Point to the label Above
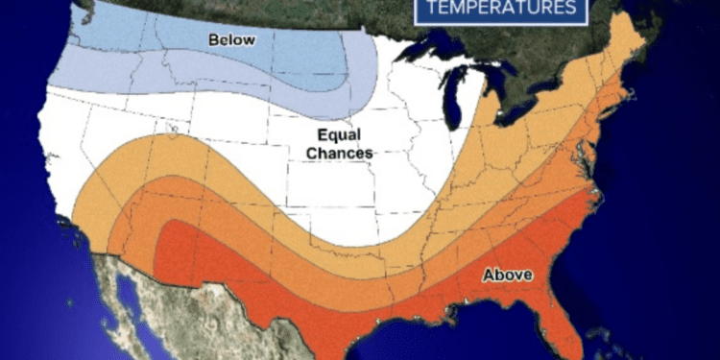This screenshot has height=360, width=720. (507, 275)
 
